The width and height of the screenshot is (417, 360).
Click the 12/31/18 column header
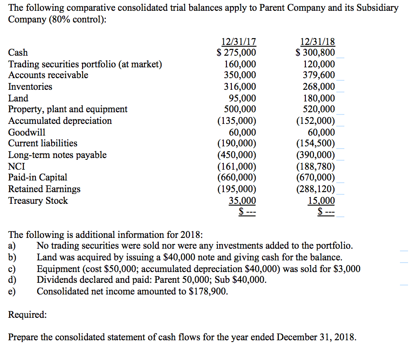(x=317, y=42)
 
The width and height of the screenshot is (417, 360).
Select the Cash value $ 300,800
(x=315, y=53)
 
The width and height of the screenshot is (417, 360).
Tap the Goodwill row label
(x=27, y=132)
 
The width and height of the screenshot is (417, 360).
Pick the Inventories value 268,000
(x=319, y=87)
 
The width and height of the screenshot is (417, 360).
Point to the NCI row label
(x=17, y=167)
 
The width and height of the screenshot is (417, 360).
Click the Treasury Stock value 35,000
(x=243, y=201)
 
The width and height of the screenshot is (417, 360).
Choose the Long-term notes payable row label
(x=57, y=155)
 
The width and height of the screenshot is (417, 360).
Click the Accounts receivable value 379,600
(x=319, y=75)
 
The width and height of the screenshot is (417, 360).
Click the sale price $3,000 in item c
(x=345, y=269)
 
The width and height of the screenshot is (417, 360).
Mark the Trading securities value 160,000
(x=240, y=64)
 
